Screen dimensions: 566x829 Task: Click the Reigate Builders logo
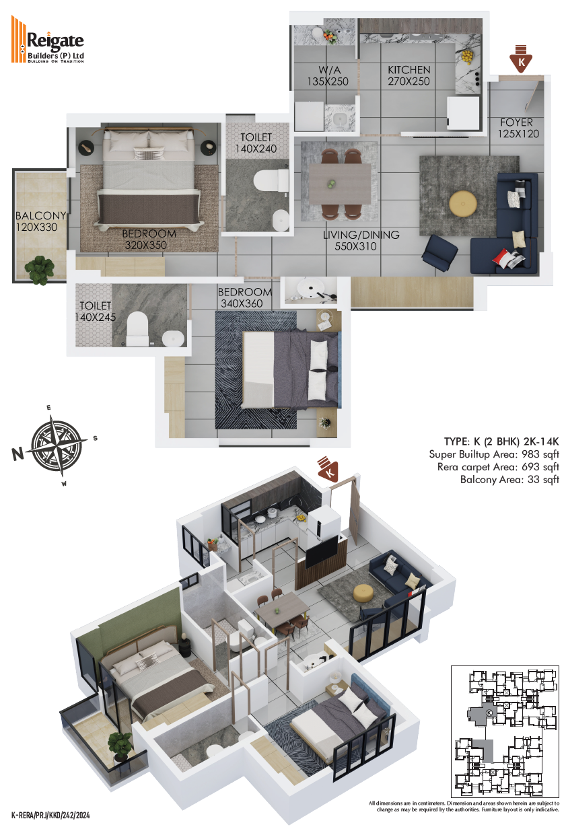(48, 40)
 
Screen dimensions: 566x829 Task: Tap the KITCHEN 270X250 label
(409, 75)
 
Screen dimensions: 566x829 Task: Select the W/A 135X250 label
(328, 76)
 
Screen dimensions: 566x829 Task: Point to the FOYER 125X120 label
(518, 128)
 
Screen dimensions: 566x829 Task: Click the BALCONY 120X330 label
(40, 221)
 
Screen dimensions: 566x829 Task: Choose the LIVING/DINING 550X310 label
(361, 241)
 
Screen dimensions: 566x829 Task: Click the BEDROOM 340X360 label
(245, 297)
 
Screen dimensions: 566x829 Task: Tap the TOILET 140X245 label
(95, 312)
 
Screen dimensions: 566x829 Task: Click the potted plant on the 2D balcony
(39, 271)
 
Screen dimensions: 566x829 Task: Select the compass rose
(55, 445)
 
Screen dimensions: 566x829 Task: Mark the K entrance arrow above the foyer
(520, 59)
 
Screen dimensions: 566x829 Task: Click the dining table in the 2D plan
(339, 184)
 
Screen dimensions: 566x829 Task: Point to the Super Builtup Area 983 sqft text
(494, 454)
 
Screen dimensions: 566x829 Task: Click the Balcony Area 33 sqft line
(509, 480)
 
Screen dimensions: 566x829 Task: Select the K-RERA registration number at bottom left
(50, 815)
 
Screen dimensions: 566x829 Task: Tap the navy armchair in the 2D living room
(439, 253)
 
